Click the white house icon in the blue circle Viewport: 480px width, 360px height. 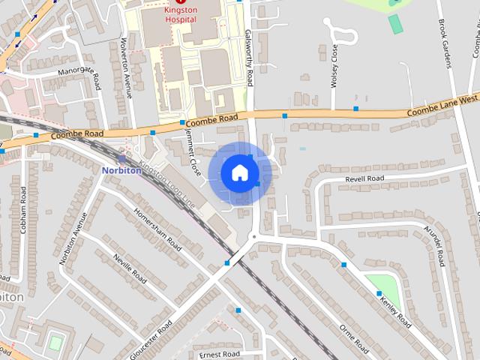239,173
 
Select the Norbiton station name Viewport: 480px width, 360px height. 121,170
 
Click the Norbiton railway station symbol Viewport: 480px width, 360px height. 122,158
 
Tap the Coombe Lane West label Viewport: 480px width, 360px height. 442,105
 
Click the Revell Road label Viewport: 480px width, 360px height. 364,179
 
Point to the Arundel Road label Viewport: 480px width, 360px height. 435,246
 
